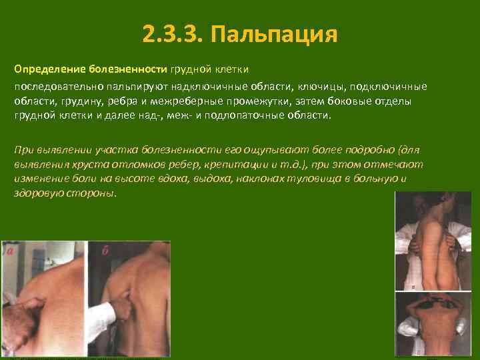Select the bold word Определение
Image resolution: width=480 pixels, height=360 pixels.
click(45, 70)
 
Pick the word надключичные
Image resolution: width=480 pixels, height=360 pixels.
click(209, 87)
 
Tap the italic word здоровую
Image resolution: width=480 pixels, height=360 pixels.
click(39, 193)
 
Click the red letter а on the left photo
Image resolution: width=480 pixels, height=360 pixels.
click(9, 252)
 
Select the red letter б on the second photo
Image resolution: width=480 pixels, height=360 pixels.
click(105, 251)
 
